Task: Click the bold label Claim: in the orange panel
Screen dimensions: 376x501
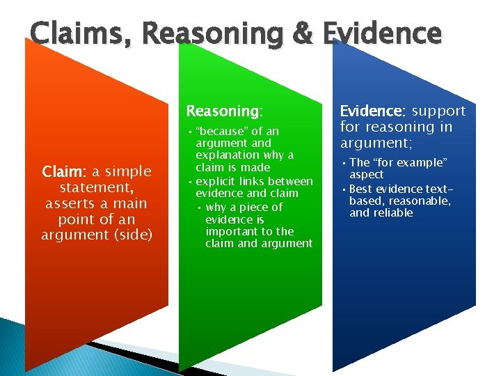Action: point(63,171)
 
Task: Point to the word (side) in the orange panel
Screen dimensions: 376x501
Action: point(133,235)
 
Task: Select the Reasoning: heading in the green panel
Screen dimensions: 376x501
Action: point(224,111)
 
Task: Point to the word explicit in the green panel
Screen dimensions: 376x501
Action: point(215,181)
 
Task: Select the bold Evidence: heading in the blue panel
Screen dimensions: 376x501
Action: point(373,111)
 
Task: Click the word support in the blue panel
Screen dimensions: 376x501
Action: point(438,111)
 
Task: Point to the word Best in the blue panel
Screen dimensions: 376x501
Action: point(360,189)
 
